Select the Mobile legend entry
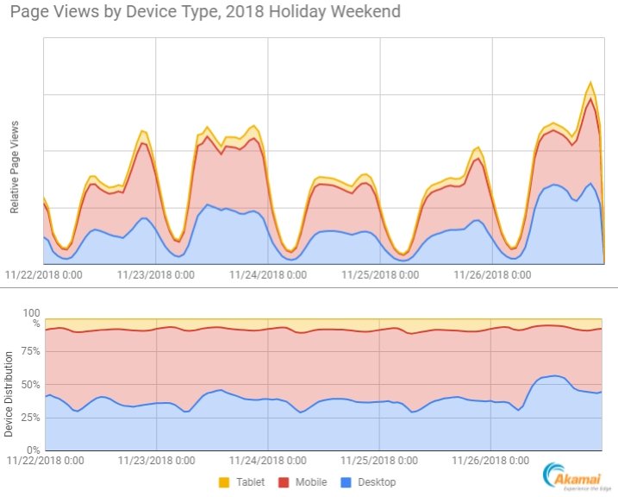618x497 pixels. [303, 481]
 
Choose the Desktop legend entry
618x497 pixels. [368, 481]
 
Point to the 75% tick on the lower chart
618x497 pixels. [31, 351]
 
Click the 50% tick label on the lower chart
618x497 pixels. [31, 384]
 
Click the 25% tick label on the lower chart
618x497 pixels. [31, 417]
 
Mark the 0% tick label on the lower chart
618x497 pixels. [34, 450]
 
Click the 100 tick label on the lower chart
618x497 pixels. [32, 313]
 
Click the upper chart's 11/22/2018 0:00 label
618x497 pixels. [44, 276]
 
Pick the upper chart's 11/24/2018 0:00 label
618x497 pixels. [268, 276]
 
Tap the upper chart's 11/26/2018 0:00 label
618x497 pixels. [492, 276]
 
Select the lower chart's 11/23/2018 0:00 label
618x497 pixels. [156, 462]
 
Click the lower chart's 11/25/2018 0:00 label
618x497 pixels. [380, 462]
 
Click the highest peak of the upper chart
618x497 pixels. [590, 83]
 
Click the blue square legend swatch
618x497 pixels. [341, 481]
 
